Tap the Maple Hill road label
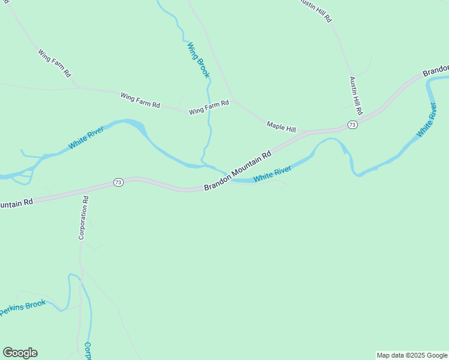click(x=282, y=127)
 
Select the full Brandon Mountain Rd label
click(x=238, y=170)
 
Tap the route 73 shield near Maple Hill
click(x=352, y=125)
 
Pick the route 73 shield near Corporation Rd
click(x=118, y=182)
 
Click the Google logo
click(x=20, y=353)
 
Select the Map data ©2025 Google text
click(x=412, y=355)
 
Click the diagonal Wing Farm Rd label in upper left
click(x=55, y=64)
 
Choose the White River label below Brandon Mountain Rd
click(x=272, y=175)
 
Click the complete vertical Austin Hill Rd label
click(x=355, y=95)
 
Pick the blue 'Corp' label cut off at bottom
click(x=88, y=350)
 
